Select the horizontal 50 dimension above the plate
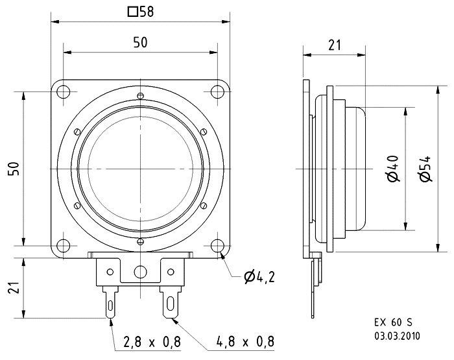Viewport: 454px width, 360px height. point(140,42)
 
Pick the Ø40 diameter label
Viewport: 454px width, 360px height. point(394,169)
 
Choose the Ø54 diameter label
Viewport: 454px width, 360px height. point(424,169)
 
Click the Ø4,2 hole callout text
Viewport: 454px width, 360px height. point(259,278)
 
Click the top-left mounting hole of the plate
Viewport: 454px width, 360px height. point(64,91)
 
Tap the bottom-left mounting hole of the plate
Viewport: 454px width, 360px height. point(64,246)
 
